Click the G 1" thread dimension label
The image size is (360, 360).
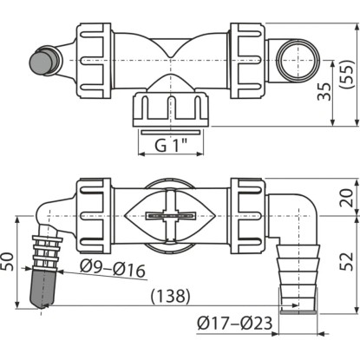pyautogui.click(x=171, y=145)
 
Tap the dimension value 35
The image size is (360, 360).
pyautogui.click(x=324, y=92)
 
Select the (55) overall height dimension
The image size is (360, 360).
pyautogui.click(x=346, y=74)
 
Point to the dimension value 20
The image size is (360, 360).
pyautogui.click(x=346, y=198)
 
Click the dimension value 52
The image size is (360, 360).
pyautogui.click(x=346, y=261)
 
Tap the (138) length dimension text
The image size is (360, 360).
pyautogui.click(x=171, y=296)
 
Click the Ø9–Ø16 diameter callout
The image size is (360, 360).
pyautogui.click(x=113, y=269)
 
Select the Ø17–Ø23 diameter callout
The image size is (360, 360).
pyautogui.click(x=235, y=323)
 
